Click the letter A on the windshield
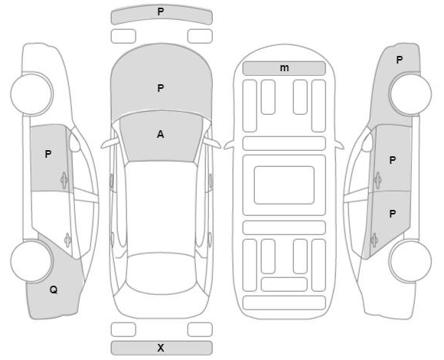coord(160,134)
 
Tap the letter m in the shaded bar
coord(284,68)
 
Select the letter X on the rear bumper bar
coord(161,348)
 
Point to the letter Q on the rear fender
coord(54,290)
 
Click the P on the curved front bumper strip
coord(161,11)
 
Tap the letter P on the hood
coord(161,88)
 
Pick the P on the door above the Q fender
coord(48,154)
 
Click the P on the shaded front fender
coord(400,60)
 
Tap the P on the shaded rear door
coord(392,214)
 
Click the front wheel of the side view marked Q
coord(31,93)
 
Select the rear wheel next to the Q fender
coord(31,261)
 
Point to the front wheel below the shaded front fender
coord(410,93)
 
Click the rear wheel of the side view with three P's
coord(410,261)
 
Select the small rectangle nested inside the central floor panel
coord(284,185)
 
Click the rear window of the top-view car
coord(161,273)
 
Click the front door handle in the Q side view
coord(64,180)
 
